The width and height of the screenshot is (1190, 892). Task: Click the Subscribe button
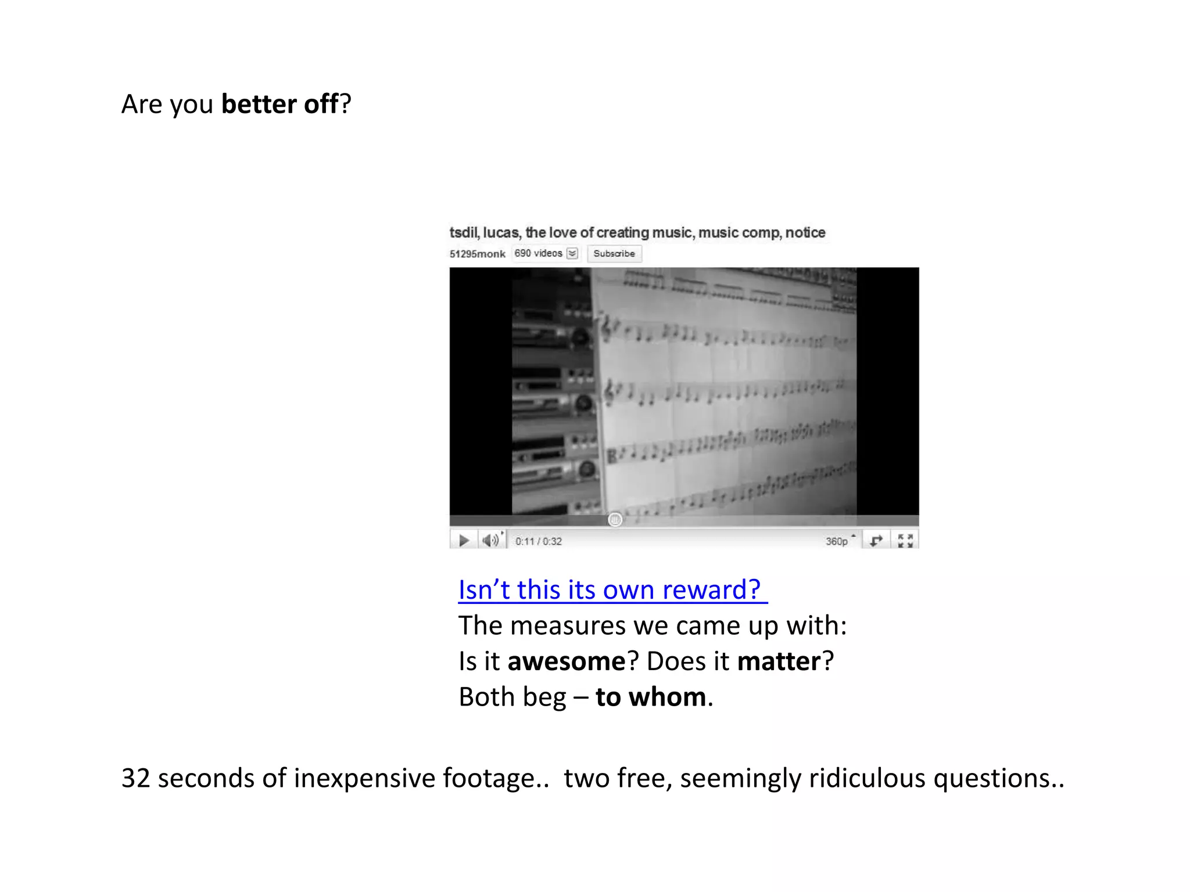click(614, 254)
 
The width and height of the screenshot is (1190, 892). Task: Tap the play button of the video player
click(464, 541)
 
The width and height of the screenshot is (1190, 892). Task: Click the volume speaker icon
click(490, 541)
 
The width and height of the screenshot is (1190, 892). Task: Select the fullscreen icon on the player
click(905, 541)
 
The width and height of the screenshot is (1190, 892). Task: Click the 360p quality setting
click(837, 541)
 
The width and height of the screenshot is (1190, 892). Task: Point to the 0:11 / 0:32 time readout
click(538, 541)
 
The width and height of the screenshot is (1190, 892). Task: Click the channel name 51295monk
click(477, 254)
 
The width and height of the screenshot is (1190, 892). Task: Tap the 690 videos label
click(538, 253)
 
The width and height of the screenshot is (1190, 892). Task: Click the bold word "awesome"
click(566, 661)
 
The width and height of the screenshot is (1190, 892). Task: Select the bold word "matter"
click(779, 661)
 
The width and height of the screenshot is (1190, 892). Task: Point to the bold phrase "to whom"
click(651, 697)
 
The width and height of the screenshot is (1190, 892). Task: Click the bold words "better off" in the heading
click(279, 105)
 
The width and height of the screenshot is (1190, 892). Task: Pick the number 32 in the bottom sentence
click(135, 778)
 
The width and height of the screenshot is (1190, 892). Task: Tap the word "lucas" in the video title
click(501, 233)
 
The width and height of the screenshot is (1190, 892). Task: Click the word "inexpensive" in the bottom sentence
click(364, 778)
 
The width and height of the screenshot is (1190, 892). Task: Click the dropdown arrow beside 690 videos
click(572, 253)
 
